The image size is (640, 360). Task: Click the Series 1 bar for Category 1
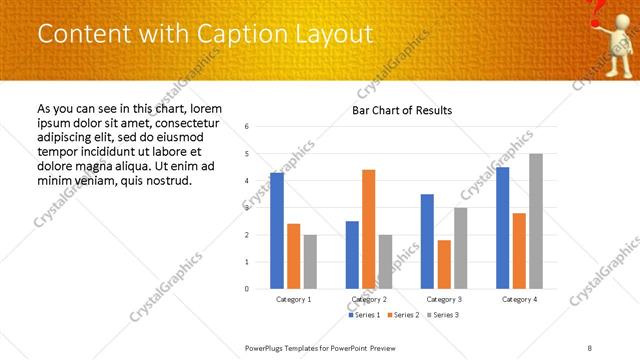coord(277,231)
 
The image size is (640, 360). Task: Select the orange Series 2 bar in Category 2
coord(369,229)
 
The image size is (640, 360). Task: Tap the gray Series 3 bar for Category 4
coord(536,221)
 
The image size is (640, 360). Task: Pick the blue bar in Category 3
coord(427,241)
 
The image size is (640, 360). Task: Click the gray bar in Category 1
coord(310,261)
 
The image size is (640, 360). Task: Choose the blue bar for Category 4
coord(502,228)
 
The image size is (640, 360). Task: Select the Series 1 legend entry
coord(364,314)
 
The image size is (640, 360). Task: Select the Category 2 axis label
coord(369,299)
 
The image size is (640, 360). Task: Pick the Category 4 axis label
coord(519,299)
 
